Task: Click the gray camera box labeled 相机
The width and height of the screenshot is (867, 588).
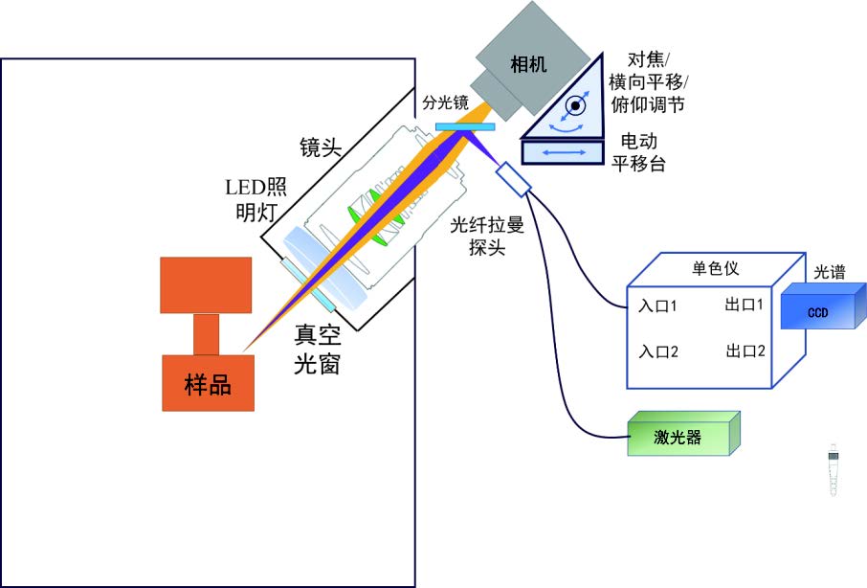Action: coord(529,65)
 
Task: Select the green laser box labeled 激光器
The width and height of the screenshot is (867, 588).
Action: coord(682,436)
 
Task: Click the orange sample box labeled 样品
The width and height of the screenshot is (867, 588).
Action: coord(208,383)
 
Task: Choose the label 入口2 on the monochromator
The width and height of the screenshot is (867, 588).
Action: coord(657,351)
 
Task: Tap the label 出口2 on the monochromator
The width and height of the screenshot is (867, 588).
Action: coord(745,351)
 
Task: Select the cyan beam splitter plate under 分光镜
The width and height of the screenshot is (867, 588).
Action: coord(465,126)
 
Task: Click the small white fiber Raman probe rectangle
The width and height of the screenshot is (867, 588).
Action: coord(513,179)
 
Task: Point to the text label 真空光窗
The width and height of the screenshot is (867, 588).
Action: coord(318,350)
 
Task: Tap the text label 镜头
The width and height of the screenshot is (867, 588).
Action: coord(321,147)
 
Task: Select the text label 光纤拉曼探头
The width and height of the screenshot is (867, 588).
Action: coord(487,236)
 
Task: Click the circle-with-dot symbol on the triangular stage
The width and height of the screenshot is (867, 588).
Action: coord(576,105)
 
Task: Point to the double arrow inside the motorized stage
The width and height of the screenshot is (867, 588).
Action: coord(565,151)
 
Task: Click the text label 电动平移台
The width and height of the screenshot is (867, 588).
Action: coord(638,151)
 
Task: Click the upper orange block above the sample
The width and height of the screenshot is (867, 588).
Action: coord(207,284)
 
